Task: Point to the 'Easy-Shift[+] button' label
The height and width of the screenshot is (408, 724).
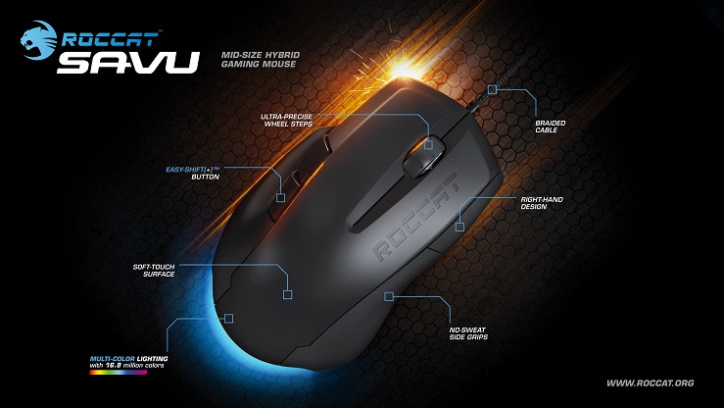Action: click(191, 175)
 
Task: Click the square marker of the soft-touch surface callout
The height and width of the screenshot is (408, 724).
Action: click(287, 292)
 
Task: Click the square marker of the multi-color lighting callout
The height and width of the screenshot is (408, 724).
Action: click(227, 318)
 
